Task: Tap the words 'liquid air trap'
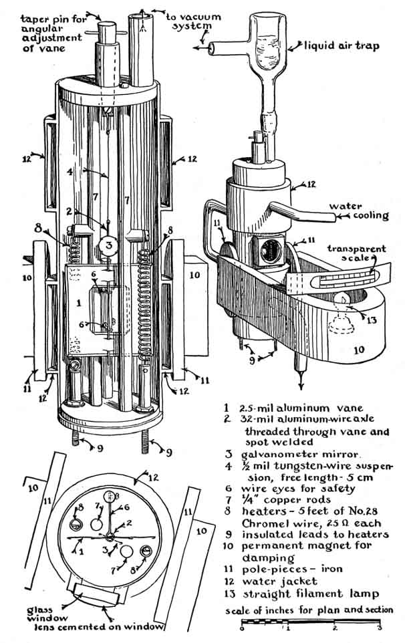click(x=342, y=45)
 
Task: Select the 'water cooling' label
click(x=360, y=211)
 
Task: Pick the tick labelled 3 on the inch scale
click(x=379, y=624)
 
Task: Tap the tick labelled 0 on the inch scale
click(x=242, y=624)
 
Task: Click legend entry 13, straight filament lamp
click(x=301, y=594)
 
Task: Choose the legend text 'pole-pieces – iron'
click(x=292, y=569)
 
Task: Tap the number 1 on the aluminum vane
click(x=79, y=303)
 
